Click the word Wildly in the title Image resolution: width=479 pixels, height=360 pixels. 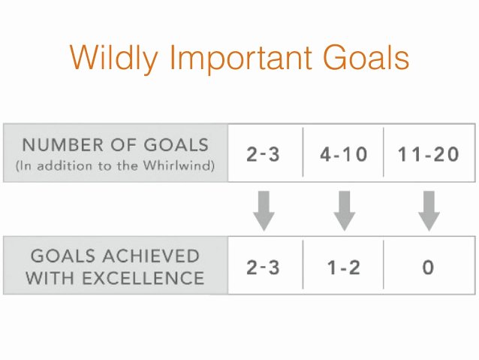[114, 59]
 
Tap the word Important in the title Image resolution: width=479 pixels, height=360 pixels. [241, 58]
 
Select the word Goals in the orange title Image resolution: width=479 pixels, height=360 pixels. [366, 57]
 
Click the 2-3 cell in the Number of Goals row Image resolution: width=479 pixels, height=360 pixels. [263, 154]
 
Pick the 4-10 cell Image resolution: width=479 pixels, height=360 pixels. [344, 154]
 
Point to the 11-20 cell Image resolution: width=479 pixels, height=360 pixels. [428, 154]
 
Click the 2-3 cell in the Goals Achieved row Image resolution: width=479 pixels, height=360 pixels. [263, 268]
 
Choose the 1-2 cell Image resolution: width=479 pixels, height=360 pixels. [344, 268]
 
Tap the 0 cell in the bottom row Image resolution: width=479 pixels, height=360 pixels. [428, 268]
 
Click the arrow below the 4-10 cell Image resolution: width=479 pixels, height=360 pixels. [345, 210]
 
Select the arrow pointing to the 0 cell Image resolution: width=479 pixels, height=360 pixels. [429, 210]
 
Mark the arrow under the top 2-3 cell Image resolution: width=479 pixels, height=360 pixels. [264, 210]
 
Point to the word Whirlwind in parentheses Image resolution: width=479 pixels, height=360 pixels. [177, 165]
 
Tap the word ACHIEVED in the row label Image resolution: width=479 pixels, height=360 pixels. [151, 256]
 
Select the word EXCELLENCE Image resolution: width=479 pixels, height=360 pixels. [143, 278]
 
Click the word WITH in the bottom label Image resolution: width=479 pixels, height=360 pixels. [50, 278]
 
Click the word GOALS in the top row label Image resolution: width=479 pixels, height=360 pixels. [176, 144]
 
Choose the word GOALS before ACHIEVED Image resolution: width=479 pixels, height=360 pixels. [64, 256]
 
